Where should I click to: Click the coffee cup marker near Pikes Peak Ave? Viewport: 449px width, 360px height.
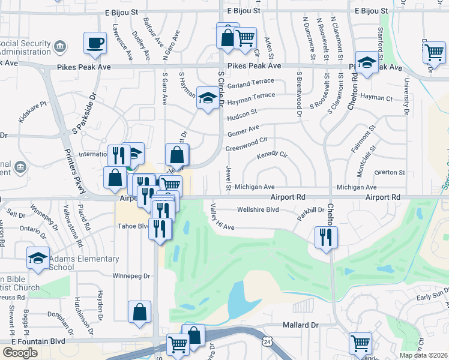pos(95,43)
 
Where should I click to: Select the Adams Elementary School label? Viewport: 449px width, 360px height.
pos(84,263)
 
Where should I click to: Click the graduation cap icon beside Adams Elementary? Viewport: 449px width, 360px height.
pos(38,259)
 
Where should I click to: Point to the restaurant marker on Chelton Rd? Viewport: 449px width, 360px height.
pos(326,235)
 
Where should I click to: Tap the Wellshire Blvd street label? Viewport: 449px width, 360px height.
pos(258,210)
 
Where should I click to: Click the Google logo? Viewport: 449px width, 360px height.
pos(20,352)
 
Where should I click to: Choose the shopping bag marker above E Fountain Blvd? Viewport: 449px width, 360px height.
pos(139,313)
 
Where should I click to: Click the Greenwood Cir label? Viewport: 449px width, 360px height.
pos(246,145)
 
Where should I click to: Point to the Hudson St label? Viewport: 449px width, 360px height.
pos(242,112)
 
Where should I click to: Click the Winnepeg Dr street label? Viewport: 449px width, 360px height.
pos(134,276)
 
